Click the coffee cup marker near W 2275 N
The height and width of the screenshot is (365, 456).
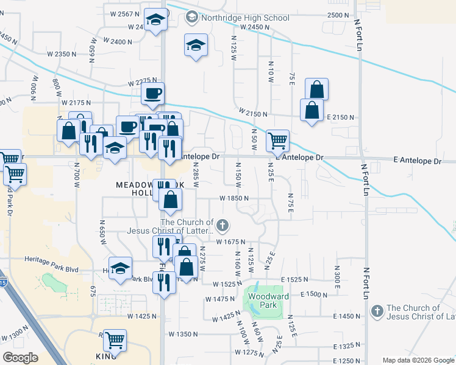click(152, 94)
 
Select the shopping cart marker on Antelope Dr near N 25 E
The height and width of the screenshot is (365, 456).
click(277, 141)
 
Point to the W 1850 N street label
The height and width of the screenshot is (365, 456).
click(235, 198)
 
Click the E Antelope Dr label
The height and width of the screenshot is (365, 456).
click(418, 161)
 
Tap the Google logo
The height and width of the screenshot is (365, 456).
click(20, 357)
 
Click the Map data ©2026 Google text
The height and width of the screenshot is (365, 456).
click(418, 360)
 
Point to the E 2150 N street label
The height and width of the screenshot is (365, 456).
click(340, 117)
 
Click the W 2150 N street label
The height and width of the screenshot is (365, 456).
click(254, 113)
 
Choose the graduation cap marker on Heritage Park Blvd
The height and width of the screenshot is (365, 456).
click(120, 268)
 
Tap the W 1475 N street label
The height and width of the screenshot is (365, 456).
click(221, 299)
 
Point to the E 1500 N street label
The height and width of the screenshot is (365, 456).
click(315, 294)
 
